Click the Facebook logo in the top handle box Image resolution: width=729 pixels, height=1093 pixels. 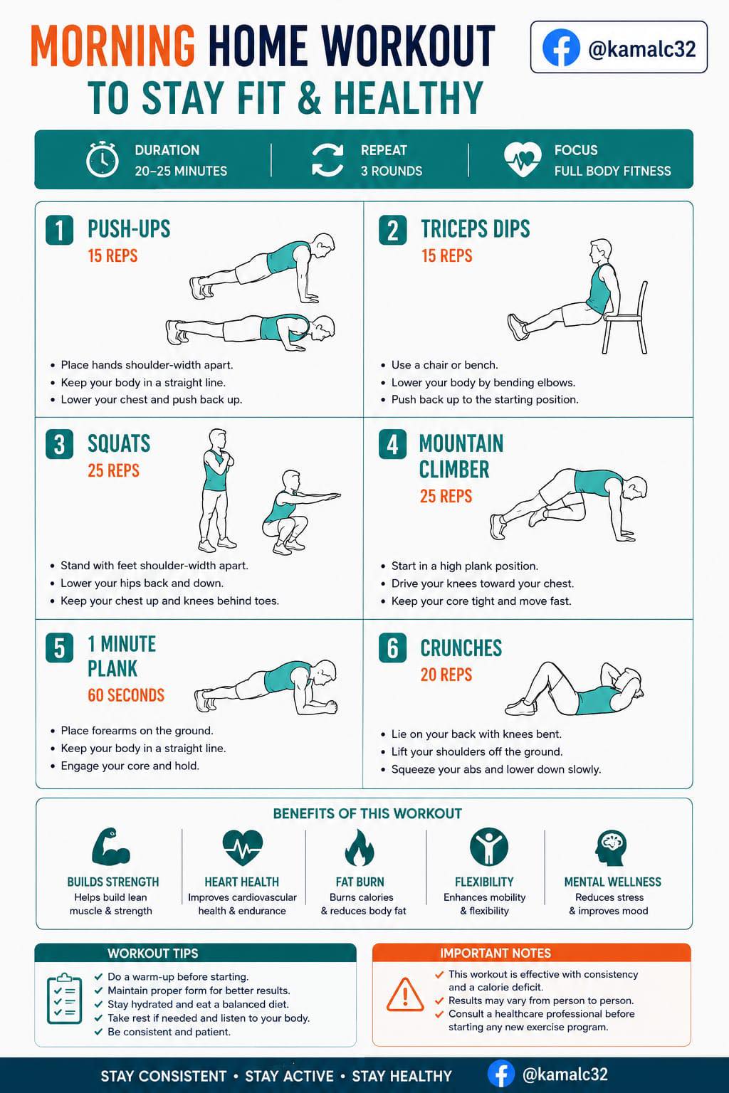[561, 48]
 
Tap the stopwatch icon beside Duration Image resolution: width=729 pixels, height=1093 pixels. [103, 159]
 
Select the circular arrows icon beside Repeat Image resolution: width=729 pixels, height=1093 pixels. [327, 159]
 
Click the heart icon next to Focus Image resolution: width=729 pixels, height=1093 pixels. [523, 159]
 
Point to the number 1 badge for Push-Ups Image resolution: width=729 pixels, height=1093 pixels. [60, 230]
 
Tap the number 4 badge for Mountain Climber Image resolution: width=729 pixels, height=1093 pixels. [392, 444]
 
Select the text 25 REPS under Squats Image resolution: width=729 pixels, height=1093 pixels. [114, 470]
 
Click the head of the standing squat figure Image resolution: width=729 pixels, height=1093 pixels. [218, 438]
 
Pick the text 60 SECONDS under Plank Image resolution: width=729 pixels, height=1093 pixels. [126, 695]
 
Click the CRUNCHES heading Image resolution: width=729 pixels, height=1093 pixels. [461, 648]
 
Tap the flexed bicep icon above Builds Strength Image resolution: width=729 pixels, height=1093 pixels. [111, 847]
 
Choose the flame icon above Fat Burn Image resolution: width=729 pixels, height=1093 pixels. [360, 848]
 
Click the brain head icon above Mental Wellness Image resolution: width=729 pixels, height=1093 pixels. [612, 848]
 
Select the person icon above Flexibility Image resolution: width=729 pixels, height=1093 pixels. [489, 847]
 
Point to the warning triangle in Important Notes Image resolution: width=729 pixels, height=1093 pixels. [405, 994]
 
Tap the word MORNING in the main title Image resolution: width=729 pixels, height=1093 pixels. [112, 45]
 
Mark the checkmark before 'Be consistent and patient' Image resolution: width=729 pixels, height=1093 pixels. [99, 1032]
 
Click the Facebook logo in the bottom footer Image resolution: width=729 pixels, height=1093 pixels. [501, 1074]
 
